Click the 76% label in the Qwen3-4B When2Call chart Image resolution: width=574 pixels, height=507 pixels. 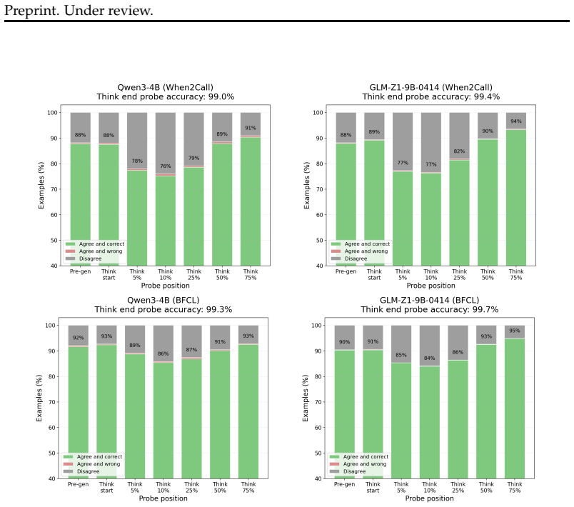(x=166, y=166)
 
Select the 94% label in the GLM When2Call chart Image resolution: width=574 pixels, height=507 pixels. (x=516, y=121)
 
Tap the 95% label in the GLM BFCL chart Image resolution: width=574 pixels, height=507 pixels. (x=514, y=331)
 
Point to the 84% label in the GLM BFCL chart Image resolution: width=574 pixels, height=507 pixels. (x=429, y=358)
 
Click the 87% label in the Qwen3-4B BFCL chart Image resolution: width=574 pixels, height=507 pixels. (x=191, y=350)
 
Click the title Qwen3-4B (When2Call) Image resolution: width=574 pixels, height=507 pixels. (x=165, y=88)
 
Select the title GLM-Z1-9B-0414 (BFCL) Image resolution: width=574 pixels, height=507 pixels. (x=429, y=300)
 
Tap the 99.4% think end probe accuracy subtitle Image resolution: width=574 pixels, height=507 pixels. (x=431, y=96)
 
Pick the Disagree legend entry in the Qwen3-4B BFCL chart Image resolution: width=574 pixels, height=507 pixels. (x=88, y=471)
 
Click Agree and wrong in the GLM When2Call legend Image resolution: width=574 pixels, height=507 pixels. (x=366, y=251)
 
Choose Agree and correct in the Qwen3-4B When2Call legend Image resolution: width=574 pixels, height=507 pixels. (x=102, y=244)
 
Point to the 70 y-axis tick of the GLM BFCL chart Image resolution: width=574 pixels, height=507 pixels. (x=318, y=402)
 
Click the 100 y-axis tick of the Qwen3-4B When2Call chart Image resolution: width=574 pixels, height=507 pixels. (x=52, y=112)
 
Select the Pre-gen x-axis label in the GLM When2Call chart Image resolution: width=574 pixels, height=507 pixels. (x=346, y=271)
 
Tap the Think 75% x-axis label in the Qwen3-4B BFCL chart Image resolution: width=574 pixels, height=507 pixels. (x=248, y=487)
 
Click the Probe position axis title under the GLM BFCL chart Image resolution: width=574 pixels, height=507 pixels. (x=429, y=498)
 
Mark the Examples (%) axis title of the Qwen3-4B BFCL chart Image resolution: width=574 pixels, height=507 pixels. (x=39, y=398)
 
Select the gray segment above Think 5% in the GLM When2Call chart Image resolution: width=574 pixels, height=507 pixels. (x=403, y=141)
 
